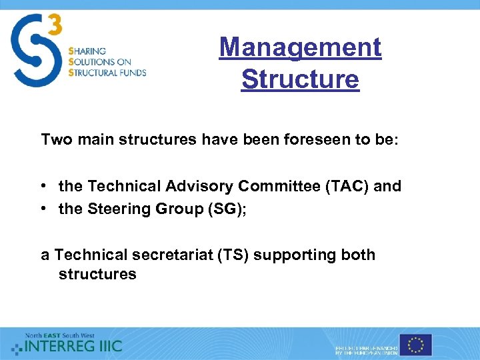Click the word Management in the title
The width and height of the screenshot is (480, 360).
[300, 47]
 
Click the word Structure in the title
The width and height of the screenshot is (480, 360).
[300, 79]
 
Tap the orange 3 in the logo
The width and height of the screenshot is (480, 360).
[55, 26]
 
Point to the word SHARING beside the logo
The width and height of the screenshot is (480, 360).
[87, 51]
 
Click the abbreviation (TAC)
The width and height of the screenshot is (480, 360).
[347, 186]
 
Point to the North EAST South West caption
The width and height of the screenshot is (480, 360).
[60, 335]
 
